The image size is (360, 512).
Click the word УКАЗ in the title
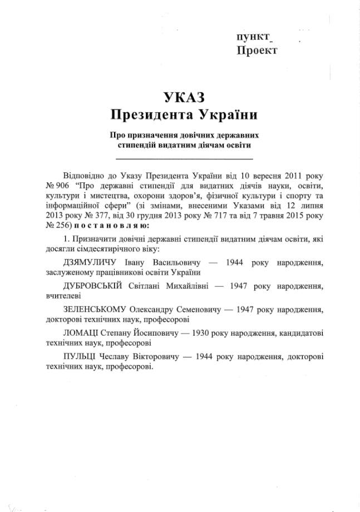click(x=184, y=97)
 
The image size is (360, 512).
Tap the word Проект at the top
click(x=257, y=51)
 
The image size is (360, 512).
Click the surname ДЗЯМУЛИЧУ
click(x=90, y=262)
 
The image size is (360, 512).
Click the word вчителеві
click(x=62, y=296)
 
